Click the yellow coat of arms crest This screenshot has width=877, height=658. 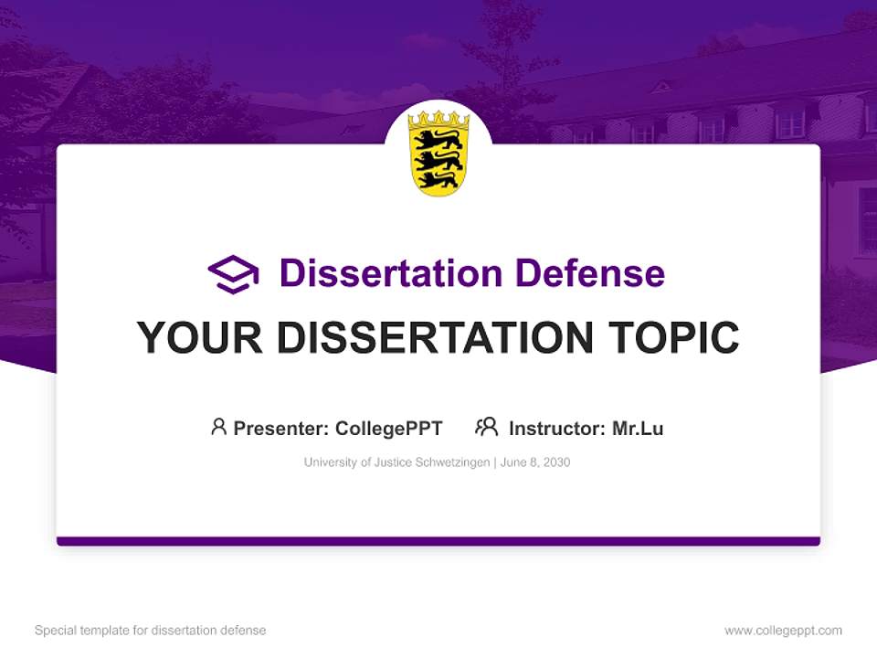point(438,157)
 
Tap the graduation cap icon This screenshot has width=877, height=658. point(233,274)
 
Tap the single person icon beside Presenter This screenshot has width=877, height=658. point(218,427)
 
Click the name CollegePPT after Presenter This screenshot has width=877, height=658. point(389,429)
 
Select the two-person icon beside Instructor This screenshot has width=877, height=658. point(487,427)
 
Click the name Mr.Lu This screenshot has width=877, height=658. point(638,429)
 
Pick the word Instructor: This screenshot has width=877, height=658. point(557,429)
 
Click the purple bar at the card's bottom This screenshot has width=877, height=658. point(438,541)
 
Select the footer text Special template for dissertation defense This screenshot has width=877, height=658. point(151,631)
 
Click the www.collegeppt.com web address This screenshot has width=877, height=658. point(783,631)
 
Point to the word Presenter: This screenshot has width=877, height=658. point(280,429)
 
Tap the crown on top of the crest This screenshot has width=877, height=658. point(438,120)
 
